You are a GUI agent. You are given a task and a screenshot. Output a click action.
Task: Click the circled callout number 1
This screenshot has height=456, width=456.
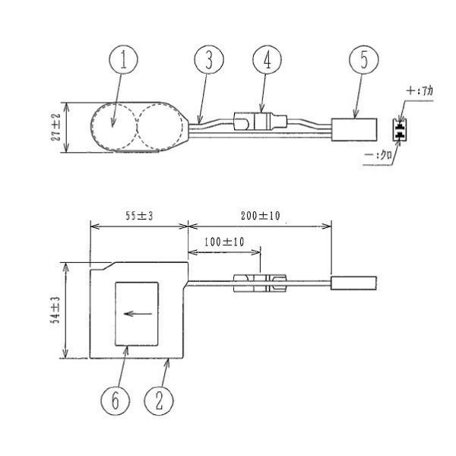pos(123,59)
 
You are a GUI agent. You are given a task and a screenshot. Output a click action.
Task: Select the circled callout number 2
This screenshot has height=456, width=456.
pos(159,401)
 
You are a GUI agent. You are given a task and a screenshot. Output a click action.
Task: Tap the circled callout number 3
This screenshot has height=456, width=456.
pos(209,59)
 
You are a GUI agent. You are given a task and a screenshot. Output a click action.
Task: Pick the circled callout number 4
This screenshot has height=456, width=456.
pos(267,59)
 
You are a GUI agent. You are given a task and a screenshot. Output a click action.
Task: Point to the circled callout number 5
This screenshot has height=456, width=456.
pos(364,59)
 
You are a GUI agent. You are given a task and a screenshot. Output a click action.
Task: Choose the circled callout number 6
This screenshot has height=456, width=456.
pos(116,401)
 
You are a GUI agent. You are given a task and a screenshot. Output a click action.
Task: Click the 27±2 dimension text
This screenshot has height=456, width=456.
pos(55,127)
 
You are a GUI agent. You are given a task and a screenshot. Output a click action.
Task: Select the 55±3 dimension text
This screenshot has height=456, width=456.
pos(139,216)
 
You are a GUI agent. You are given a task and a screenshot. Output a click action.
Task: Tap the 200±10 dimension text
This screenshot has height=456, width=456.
pos(260,216)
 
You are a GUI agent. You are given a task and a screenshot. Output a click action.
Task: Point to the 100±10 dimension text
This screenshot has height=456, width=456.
pos(224,242)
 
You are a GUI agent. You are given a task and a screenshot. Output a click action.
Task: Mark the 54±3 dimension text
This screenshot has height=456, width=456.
pos(55,310)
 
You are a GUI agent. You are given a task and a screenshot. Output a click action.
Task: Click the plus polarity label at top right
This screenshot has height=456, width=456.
pos(420,91)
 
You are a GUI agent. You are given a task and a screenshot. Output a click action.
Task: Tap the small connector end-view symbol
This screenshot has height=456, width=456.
pos(400,130)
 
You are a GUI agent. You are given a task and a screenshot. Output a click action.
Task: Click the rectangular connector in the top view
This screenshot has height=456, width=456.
pos(354,130)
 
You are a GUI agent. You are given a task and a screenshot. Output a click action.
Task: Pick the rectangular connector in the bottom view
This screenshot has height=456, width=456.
pos(353,283)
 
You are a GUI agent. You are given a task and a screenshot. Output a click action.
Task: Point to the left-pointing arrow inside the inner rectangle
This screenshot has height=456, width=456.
pos(138,314)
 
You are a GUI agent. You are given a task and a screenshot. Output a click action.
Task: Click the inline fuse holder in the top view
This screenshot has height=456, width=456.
pos(260,122)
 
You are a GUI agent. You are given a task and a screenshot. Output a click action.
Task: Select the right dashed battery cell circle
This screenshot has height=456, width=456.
pos(160,126)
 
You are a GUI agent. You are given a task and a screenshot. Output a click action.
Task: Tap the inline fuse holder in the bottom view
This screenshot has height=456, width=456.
pos(260,283)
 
